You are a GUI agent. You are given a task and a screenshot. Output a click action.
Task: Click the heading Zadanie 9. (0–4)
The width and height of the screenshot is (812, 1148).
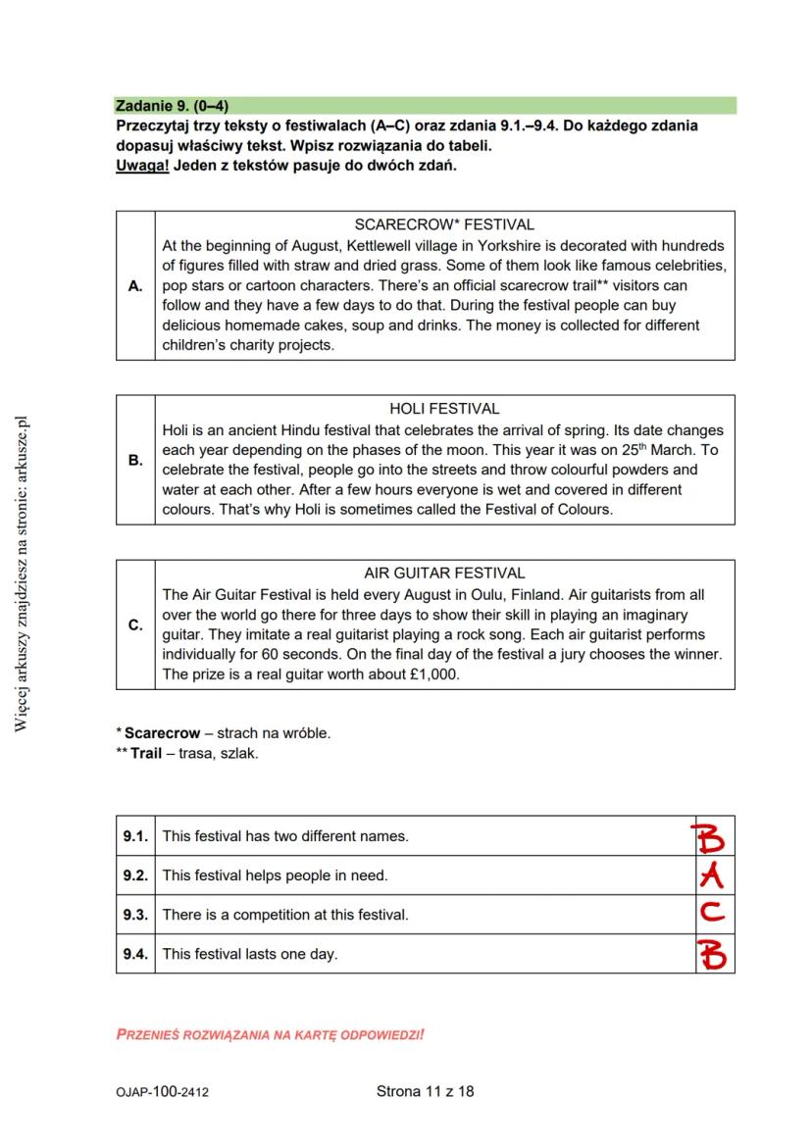point(172,106)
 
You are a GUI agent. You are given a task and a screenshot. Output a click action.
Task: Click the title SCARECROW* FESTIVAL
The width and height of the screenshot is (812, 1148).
point(443,225)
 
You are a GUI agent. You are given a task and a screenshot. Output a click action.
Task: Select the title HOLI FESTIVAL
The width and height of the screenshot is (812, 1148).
point(444,409)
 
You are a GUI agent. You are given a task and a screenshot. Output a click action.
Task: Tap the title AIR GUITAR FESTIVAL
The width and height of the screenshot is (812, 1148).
point(444,573)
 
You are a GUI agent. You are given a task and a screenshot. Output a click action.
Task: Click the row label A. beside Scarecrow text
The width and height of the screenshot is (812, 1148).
point(135,286)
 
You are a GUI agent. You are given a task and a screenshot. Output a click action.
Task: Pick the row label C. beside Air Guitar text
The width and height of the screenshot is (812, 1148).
point(135,624)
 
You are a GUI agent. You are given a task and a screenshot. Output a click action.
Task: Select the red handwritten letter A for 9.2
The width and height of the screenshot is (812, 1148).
point(712,875)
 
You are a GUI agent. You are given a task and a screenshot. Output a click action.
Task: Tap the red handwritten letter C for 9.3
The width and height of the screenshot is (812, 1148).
point(713,914)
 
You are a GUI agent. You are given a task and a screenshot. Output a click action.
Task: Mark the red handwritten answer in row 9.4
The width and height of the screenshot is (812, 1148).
point(713,953)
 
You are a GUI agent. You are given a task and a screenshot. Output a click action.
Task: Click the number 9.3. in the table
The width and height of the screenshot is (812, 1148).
point(135,915)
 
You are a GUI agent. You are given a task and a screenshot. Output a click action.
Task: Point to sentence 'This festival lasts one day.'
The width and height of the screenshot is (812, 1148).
point(249,954)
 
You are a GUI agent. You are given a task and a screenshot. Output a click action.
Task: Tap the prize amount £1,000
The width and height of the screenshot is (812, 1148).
point(429,675)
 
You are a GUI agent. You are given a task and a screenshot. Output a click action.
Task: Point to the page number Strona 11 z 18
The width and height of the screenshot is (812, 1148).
point(425,1091)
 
